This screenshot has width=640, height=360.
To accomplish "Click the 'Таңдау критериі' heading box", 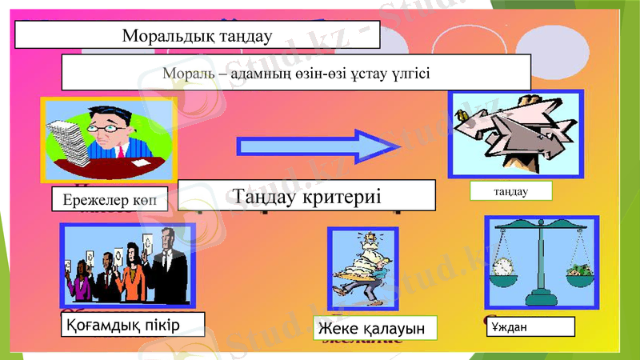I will click(x=306, y=196).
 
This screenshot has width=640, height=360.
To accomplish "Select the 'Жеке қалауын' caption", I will click(x=375, y=328).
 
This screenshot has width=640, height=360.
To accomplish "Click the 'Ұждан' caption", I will click(x=530, y=326).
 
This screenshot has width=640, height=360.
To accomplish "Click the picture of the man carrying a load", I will click(x=362, y=269).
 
